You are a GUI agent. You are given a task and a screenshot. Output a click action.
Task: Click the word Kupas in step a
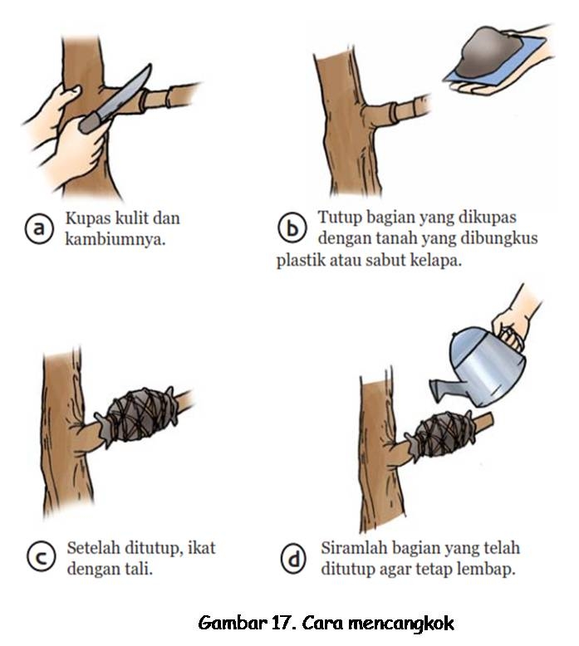pos(87,219)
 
